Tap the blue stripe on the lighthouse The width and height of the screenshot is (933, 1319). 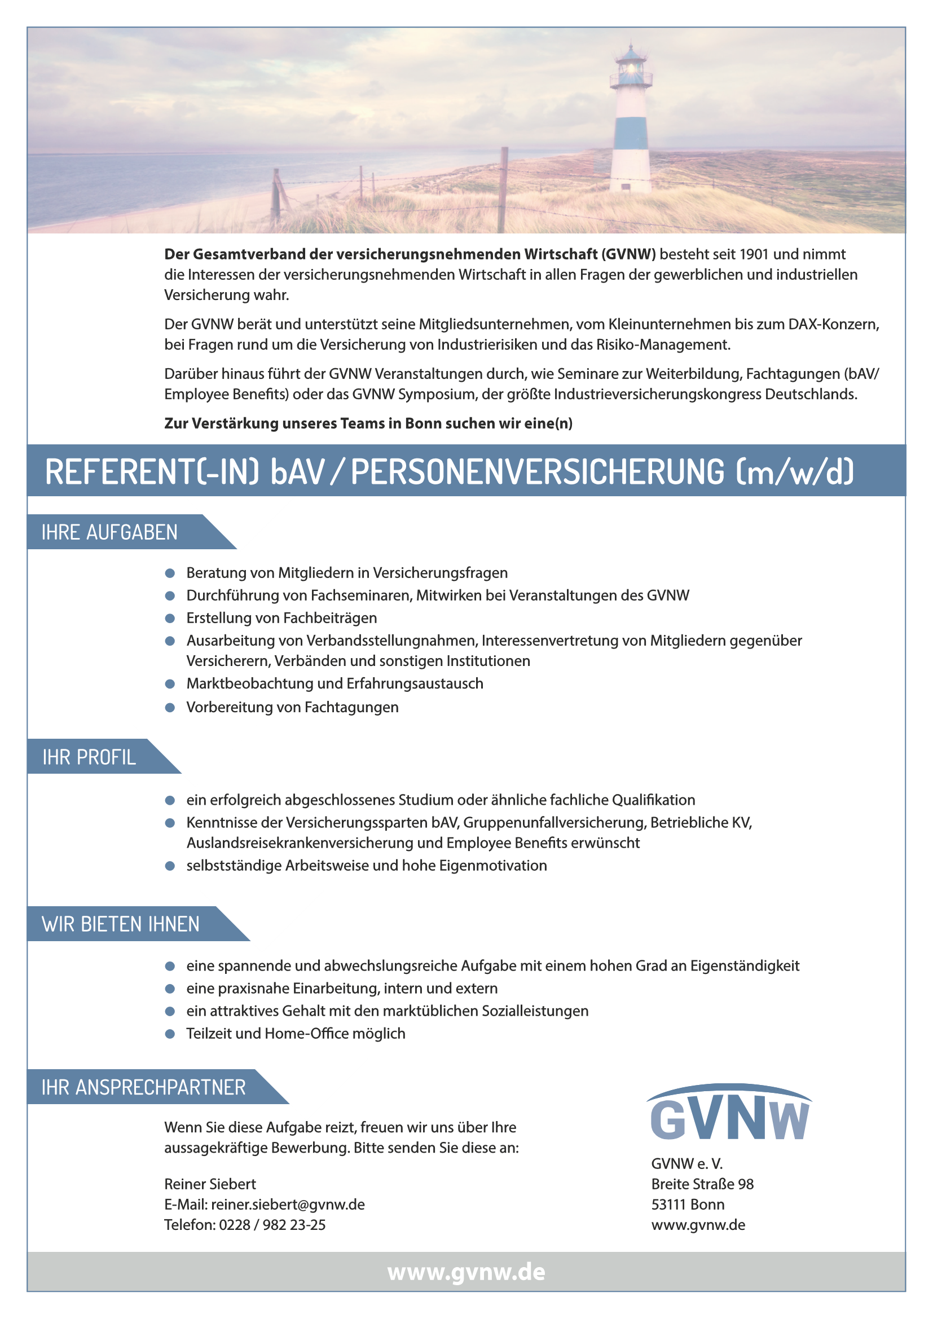click(x=631, y=133)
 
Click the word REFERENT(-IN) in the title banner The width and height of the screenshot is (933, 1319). click(x=152, y=471)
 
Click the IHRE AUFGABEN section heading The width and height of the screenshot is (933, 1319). click(x=109, y=532)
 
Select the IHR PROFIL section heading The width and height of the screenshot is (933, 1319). click(x=89, y=757)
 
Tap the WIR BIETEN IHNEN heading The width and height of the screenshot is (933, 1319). click(x=121, y=924)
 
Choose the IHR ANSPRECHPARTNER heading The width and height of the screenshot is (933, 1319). click(x=144, y=1087)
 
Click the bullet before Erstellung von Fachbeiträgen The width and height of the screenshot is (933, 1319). click(x=169, y=619)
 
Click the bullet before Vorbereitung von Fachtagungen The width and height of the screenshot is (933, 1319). click(x=169, y=708)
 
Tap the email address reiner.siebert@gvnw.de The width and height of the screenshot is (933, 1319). click(x=288, y=1205)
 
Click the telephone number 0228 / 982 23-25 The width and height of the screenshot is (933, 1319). click(x=272, y=1225)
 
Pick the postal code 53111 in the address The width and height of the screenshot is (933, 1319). click(x=668, y=1205)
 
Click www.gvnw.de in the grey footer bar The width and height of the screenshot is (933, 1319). click(x=466, y=1272)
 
